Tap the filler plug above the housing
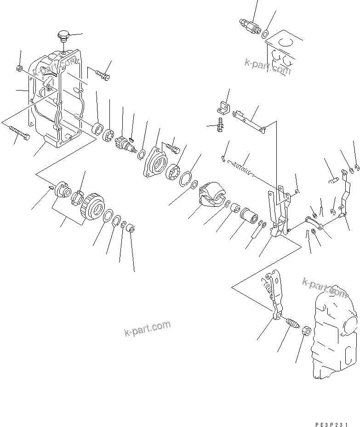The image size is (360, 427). pos(63,35)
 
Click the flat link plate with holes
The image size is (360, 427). pos(248,121)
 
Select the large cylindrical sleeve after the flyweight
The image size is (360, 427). pos(249,215)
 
